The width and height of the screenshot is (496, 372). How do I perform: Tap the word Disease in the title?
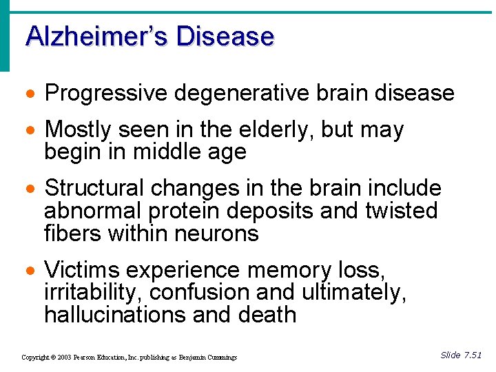point(225,36)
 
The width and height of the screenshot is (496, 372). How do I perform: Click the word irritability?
point(94,293)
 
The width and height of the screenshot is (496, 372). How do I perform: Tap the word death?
point(266,316)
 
